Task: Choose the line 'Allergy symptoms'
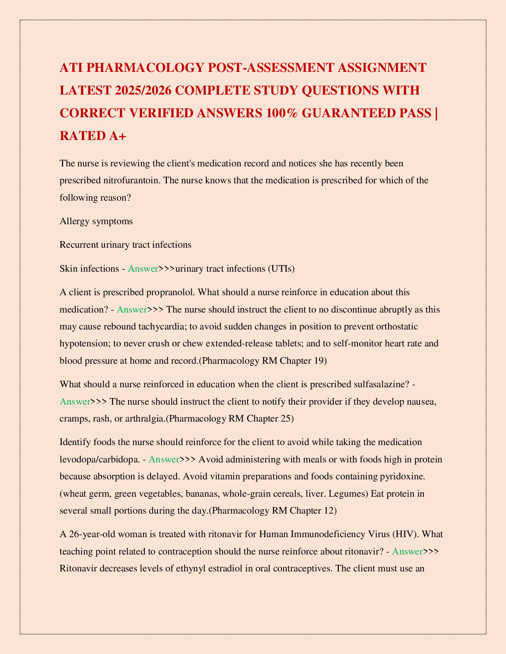point(96,221)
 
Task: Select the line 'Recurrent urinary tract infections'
point(125,245)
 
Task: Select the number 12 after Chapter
point(329,511)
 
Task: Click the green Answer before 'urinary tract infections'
point(143,269)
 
